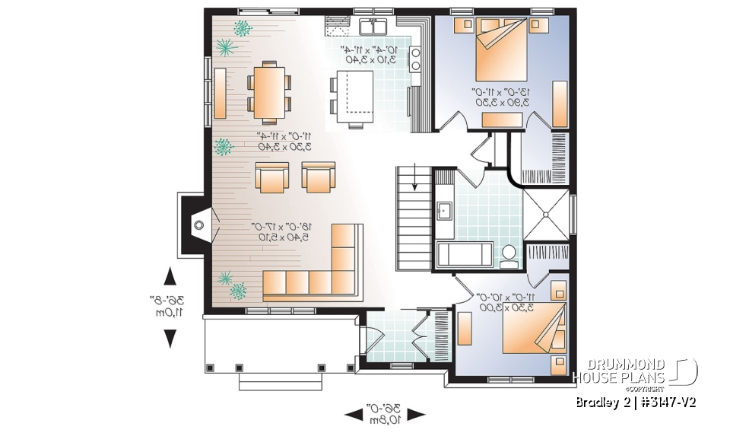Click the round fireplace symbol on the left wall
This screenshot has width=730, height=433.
(x=198, y=225)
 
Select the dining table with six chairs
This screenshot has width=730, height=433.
(x=269, y=94)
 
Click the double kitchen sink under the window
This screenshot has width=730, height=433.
(x=373, y=28)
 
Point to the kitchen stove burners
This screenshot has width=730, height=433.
(x=416, y=58)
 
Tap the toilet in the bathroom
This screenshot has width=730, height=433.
(x=509, y=256)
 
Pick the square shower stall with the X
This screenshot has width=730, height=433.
(x=546, y=214)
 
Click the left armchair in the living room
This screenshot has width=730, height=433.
(x=271, y=177)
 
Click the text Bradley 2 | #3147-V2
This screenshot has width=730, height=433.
(x=636, y=402)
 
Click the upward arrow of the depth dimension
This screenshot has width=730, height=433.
(x=170, y=277)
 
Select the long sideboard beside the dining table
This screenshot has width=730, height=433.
(x=220, y=93)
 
